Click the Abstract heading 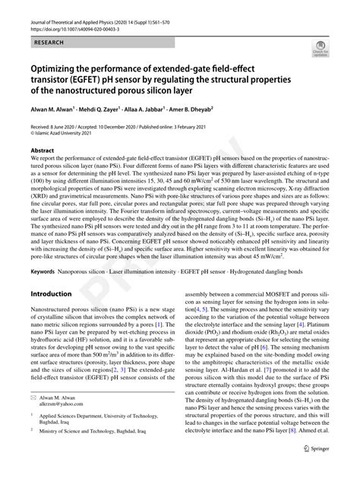click(x=43, y=150)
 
